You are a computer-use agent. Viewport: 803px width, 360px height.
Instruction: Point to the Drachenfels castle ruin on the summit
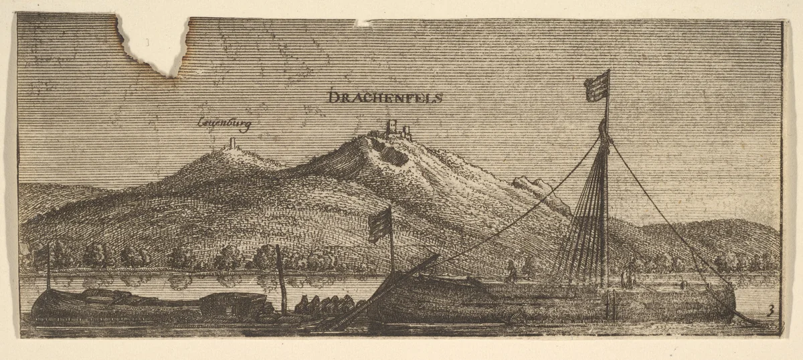399,129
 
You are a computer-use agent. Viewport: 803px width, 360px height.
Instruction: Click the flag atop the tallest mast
597,86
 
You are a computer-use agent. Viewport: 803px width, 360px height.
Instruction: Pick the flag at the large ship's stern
380,224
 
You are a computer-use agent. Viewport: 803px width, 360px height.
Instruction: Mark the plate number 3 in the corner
771,309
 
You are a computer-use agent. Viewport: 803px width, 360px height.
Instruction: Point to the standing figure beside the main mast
628,276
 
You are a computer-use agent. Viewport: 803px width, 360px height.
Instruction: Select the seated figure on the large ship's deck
511,271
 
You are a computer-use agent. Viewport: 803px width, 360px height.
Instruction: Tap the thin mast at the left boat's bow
48,268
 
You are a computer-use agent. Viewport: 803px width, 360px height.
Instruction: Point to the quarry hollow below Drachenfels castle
393,156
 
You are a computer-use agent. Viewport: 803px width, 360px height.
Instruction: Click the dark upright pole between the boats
280,281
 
